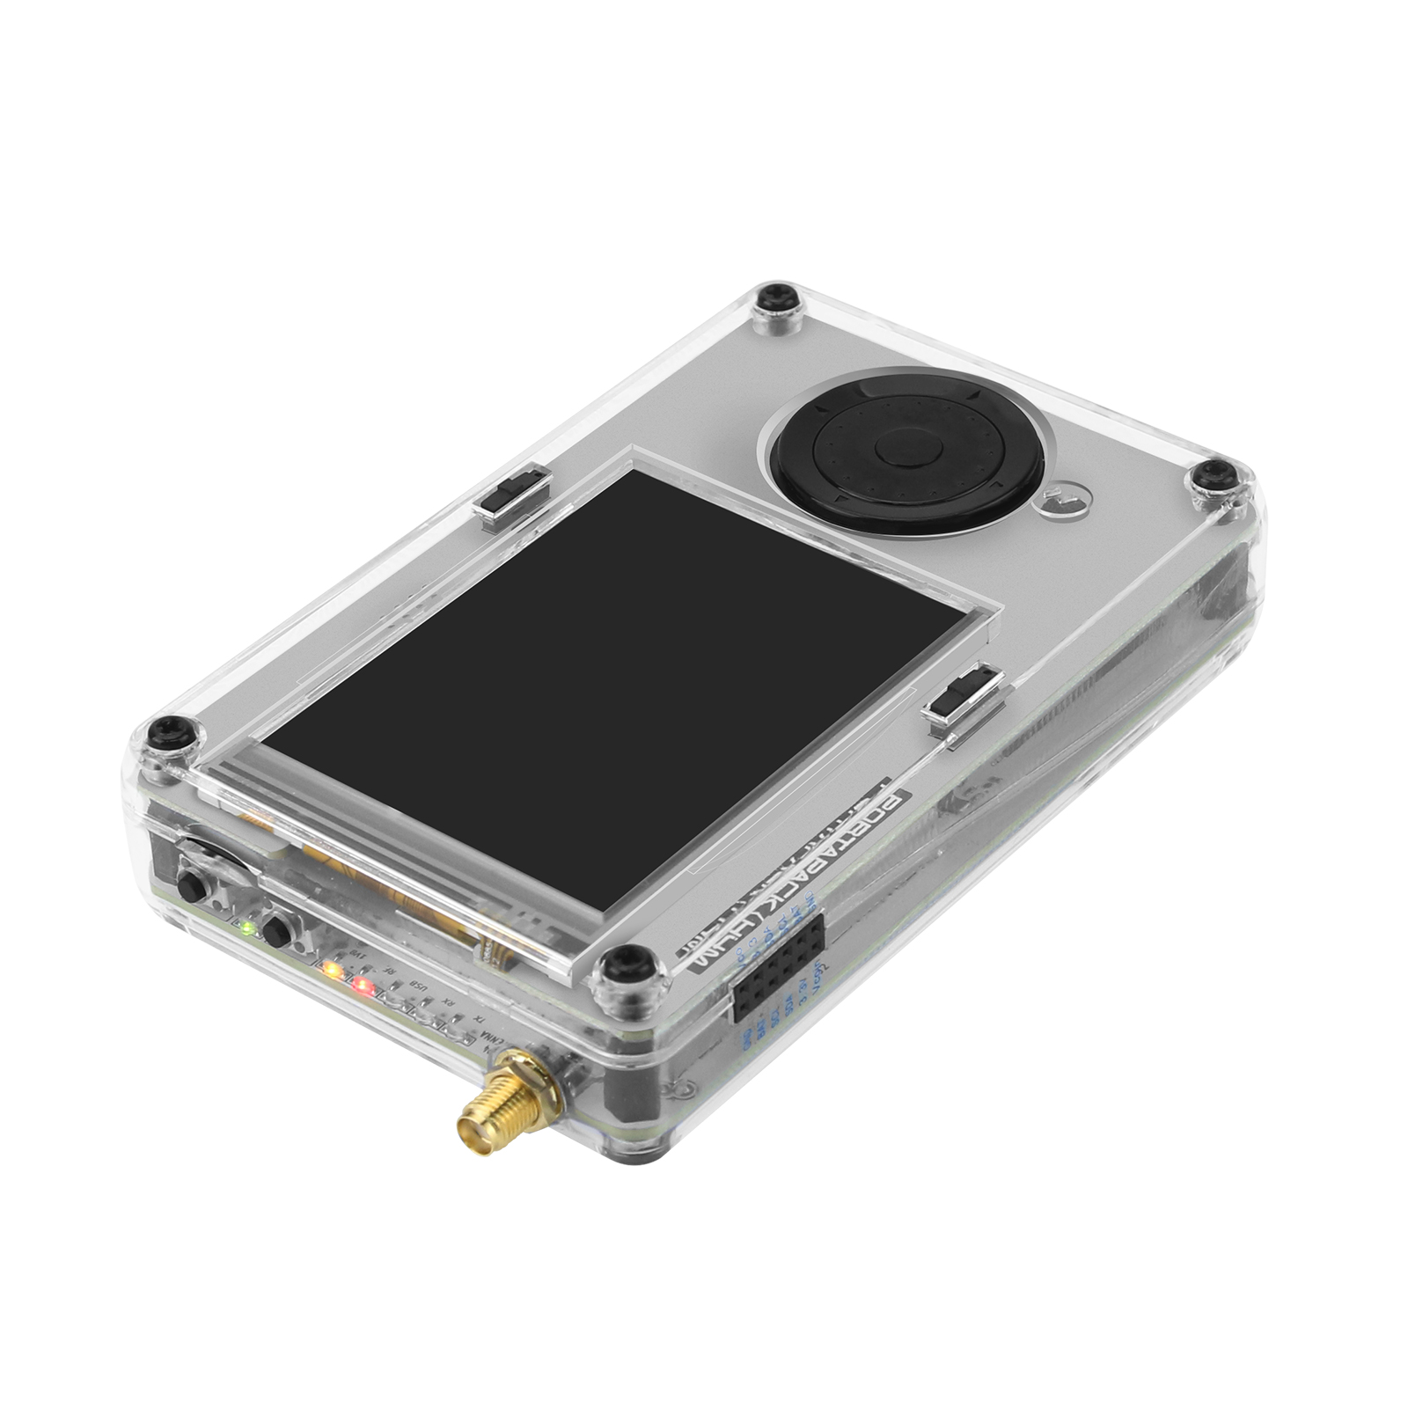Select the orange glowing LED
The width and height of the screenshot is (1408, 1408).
coord(332,970)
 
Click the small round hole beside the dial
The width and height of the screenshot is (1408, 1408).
coord(1066,502)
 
